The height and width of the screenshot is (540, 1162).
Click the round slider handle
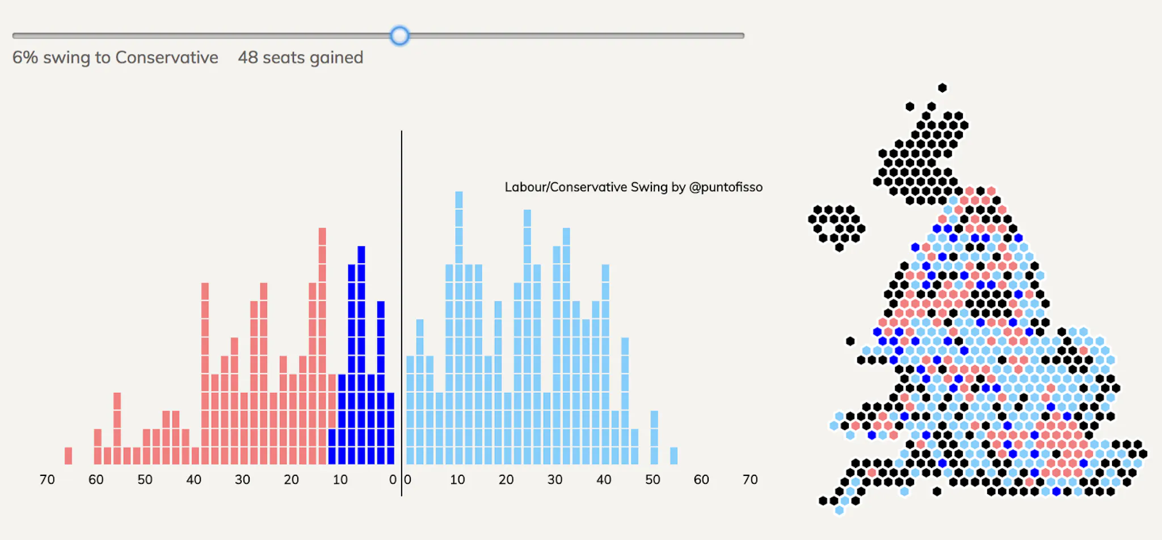pos(399,36)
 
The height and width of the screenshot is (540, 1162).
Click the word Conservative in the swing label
pos(166,58)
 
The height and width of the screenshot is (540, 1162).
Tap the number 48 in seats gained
pos(248,58)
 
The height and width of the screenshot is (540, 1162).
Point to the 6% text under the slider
pos(25,58)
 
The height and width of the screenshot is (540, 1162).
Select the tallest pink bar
pos(322,346)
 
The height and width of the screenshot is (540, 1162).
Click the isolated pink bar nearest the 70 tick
pos(68,455)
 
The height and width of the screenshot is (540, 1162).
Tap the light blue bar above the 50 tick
pos(654,437)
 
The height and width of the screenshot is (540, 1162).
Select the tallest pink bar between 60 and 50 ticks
pos(117,428)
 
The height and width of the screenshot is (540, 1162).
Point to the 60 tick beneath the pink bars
pos(96,480)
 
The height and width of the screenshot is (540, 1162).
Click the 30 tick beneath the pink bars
pos(242,480)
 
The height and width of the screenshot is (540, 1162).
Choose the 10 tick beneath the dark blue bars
pos(340,480)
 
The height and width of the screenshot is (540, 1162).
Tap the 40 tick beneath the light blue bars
pos(604,480)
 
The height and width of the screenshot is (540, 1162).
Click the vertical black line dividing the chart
pos(402,312)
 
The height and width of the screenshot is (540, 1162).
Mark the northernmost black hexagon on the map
pos(942,88)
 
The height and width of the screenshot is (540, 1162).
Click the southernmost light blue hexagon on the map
pos(839,511)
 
